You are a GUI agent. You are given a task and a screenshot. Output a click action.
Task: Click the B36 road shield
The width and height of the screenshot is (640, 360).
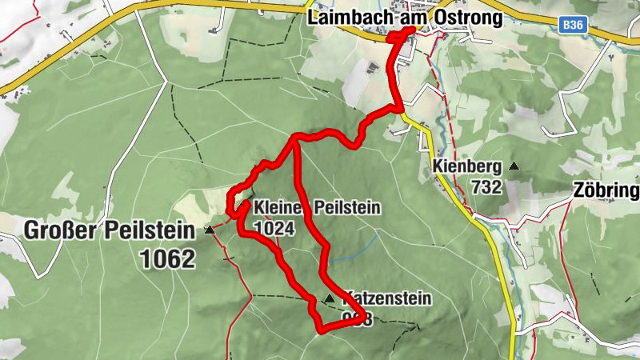coord(572,26)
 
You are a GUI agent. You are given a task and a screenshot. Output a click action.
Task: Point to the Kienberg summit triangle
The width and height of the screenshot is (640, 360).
coord(514,166)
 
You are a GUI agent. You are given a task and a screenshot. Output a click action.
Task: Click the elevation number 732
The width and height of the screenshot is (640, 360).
coord(486,187)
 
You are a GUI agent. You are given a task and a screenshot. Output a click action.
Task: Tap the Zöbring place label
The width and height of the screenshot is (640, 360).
coord(606,190)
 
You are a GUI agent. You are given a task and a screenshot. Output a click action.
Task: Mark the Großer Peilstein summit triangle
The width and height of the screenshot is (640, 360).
coord(210,230)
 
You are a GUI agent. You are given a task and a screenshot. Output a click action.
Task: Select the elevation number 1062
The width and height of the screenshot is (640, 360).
coord(166,258)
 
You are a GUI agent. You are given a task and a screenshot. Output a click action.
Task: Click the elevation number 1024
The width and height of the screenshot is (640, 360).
coord(274,228)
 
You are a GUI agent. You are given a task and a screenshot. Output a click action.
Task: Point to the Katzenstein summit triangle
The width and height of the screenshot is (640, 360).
coord(329,298)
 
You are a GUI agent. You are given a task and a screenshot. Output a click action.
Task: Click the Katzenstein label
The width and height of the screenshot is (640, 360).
coord(388,299)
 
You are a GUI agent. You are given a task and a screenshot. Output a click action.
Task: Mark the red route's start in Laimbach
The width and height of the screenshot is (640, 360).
coord(412,30)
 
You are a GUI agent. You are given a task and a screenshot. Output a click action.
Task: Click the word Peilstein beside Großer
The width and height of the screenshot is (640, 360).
coord(151,232)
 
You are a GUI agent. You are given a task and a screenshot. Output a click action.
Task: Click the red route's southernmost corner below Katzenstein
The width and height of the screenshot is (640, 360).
coord(321,330)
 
